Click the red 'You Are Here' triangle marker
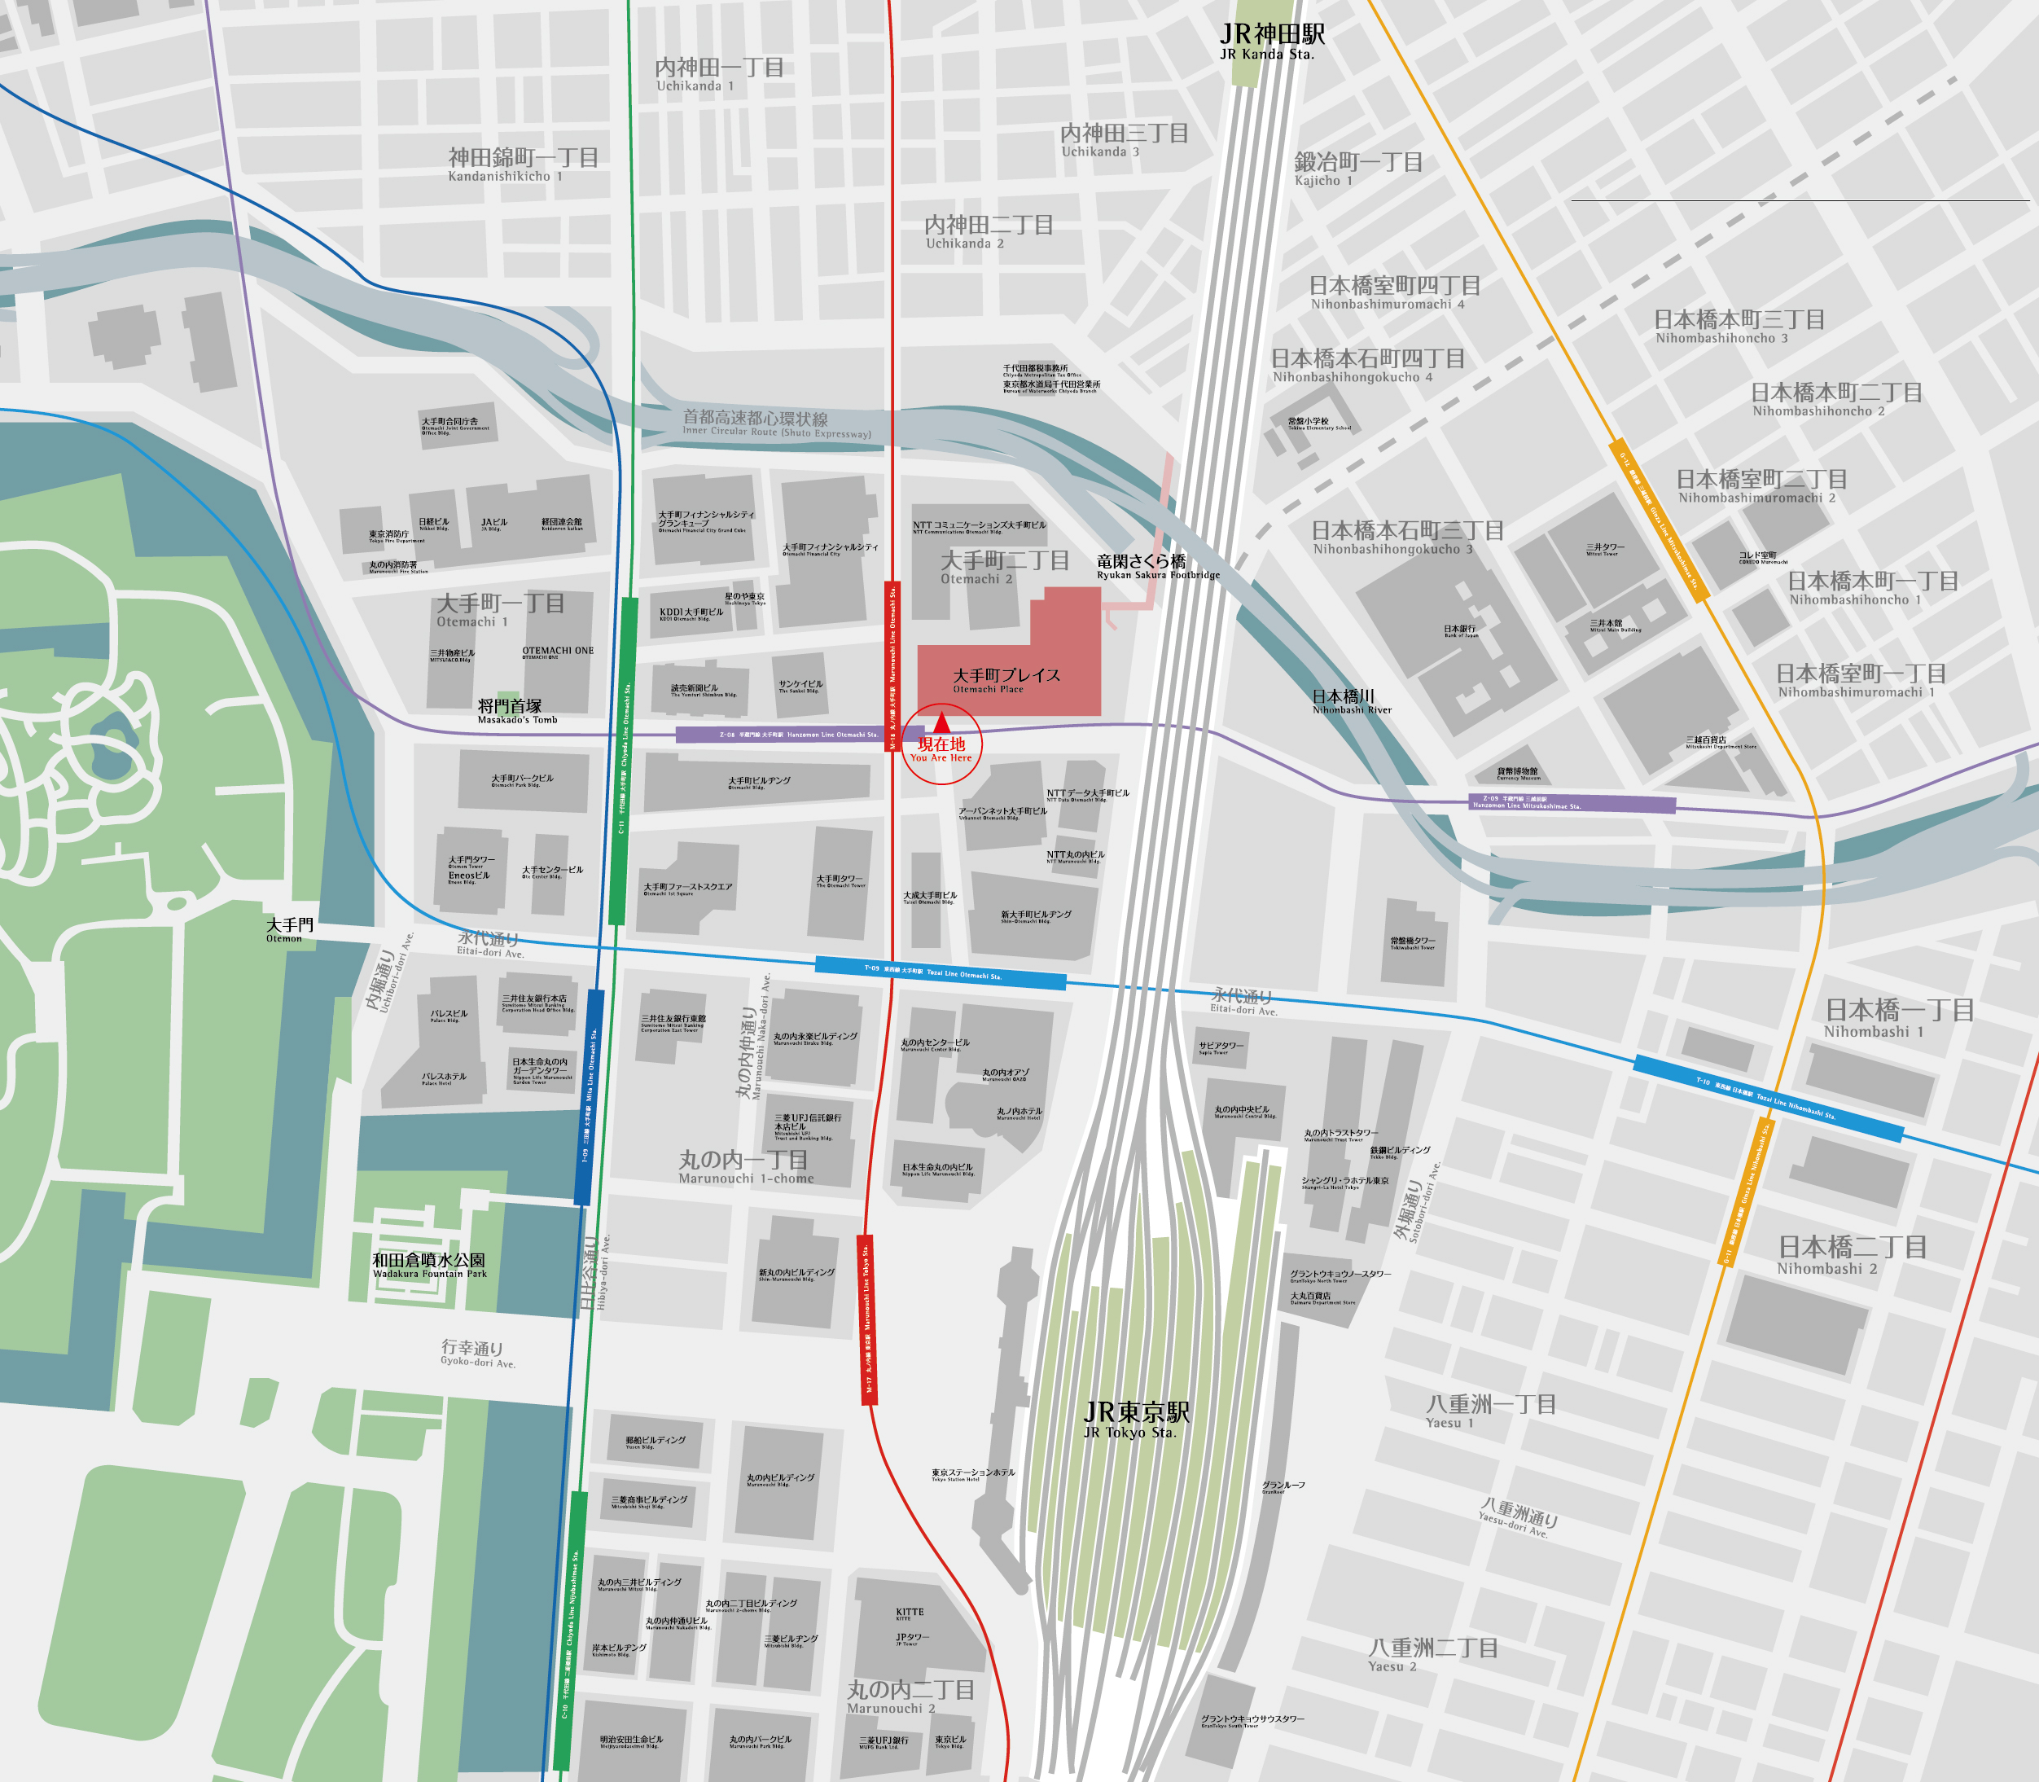click(x=941, y=724)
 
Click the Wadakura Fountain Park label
click(x=428, y=1265)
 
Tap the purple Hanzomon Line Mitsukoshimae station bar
click(x=1572, y=802)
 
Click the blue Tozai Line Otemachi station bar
click(x=940, y=972)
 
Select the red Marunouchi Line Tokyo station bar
click(x=867, y=1319)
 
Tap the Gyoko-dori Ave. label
click(x=476, y=1354)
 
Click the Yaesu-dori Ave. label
click(x=1517, y=1518)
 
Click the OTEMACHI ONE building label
click(x=558, y=652)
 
